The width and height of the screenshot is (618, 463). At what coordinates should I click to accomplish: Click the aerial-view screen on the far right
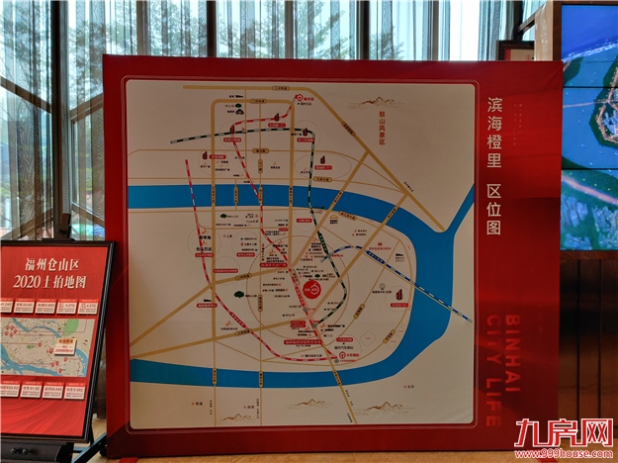(589, 129)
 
